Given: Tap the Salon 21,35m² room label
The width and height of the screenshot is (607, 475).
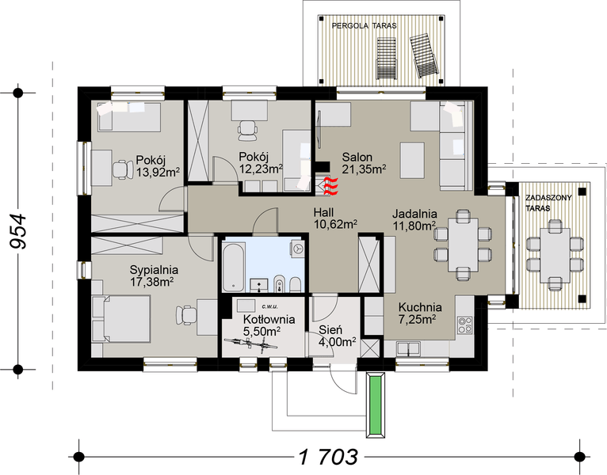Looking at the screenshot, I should [363, 162].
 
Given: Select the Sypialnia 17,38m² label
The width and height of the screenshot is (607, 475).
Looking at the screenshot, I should [153, 275].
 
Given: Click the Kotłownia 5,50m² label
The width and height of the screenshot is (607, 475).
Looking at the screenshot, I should [269, 325].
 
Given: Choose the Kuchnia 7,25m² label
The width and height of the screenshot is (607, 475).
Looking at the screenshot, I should [420, 313].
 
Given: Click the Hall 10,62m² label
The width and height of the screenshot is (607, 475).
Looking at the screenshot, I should [333, 218].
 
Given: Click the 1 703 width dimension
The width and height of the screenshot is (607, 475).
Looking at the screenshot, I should [328, 457].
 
